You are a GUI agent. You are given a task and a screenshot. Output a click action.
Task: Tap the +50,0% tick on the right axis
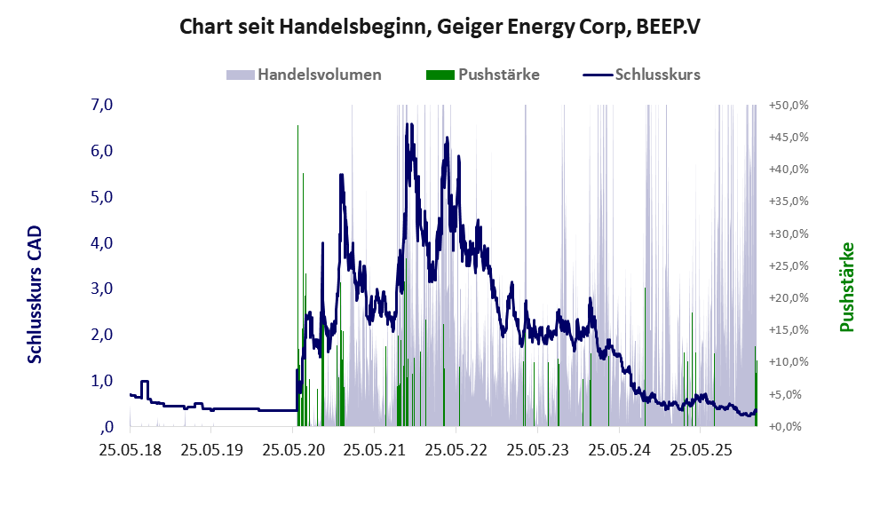click(x=789, y=105)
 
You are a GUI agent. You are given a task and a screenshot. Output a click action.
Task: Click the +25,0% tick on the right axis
click(x=789, y=265)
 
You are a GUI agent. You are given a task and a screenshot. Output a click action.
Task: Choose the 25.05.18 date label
click(x=130, y=449)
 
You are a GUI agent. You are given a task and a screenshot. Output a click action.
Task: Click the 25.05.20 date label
click(x=293, y=449)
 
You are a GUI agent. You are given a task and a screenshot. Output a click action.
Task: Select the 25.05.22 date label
click(x=456, y=449)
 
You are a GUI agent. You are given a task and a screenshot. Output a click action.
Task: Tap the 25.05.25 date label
click(x=700, y=449)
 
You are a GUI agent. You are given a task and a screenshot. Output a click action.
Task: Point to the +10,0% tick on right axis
click(x=789, y=362)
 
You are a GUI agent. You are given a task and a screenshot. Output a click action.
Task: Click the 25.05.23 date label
click(x=537, y=449)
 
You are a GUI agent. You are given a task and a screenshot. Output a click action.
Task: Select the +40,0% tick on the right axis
click(x=789, y=169)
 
